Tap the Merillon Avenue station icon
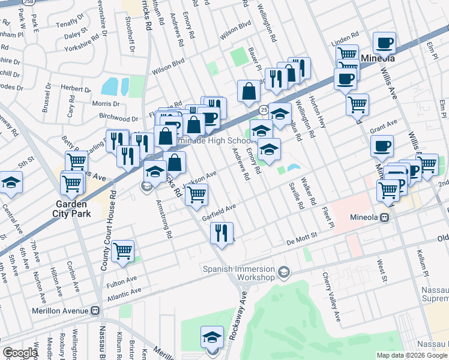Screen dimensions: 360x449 tap(94, 311)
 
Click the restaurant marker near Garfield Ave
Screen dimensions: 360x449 tap(221, 233)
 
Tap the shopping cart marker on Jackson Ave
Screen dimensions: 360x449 tap(196, 194)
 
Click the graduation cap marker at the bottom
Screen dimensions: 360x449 tap(212, 337)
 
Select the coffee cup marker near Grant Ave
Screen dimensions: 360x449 tap(382, 146)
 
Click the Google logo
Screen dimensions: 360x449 tap(20, 353)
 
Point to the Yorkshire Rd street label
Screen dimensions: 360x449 tap(82, 43)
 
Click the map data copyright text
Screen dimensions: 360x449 tap(412, 355)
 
